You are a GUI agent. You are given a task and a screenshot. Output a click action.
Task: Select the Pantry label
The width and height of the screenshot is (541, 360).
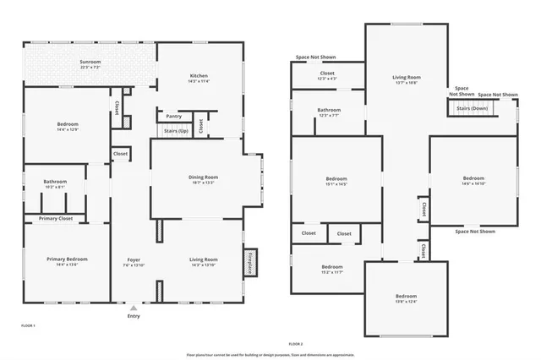pyautogui.click(x=173, y=117)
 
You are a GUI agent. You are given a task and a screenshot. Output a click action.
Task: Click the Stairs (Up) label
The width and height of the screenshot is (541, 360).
pyautogui.click(x=176, y=131)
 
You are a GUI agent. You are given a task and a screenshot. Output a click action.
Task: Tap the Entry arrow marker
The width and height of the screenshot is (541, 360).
pyautogui.click(x=133, y=307)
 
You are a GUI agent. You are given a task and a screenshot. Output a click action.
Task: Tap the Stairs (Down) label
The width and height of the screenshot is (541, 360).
pyautogui.click(x=472, y=109)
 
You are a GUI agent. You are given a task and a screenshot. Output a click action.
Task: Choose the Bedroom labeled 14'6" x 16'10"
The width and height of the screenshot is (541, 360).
pyautogui.click(x=473, y=180)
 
